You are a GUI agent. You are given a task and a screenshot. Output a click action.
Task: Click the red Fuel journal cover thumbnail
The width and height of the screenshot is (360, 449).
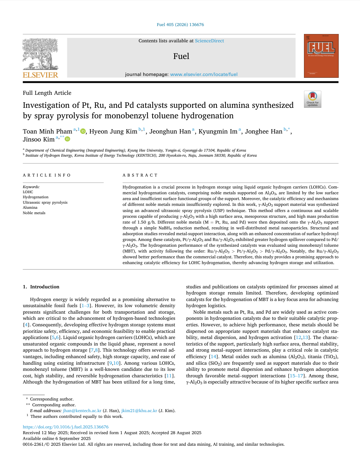pyautogui.click(x=321, y=56)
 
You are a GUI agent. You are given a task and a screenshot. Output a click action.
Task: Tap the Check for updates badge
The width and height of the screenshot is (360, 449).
pyautogui.click(x=312, y=99)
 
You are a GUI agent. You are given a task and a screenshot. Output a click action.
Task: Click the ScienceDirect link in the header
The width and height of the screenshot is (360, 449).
pyautogui.click(x=209, y=41)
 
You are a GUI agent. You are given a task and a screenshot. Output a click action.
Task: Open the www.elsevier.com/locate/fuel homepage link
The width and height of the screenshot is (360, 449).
pyautogui.click(x=204, y=75)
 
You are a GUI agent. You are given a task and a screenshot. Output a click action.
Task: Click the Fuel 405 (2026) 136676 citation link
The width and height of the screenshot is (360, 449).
pyautogui.click(x=180, y=25)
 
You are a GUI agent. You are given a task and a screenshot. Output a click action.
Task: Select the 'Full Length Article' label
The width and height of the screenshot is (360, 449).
pyautogui.click(x=47, y=93)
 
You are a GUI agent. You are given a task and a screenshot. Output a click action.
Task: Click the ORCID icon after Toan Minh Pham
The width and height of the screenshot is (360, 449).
pyautogui.click(x=83, y=131)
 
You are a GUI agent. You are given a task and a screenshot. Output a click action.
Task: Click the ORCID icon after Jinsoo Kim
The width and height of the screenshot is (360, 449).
pyautogui.click(x=67, y=139)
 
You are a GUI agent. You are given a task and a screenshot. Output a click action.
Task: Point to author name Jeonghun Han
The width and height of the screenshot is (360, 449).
pyautogui.click(x=170, y=131)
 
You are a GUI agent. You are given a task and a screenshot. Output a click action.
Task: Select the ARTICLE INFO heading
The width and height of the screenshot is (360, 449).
pyautogui.click(x=47, y=175)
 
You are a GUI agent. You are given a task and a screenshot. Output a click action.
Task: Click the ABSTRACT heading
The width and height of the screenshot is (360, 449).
pyautogui.click(x=140, y=175)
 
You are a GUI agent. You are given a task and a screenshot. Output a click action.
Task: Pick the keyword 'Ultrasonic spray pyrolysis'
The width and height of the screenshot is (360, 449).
pyautogui.click(x=45, y=203)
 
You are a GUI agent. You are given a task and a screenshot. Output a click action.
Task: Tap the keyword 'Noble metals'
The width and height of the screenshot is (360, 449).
pyautogui.click(x=34, y=213)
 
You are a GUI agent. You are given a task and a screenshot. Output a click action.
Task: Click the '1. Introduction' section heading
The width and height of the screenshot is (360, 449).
pyautogui.click(x=41, y=287)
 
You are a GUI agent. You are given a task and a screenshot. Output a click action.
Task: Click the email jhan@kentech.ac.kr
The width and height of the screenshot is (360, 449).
pyautogui.click(x=82, y=411)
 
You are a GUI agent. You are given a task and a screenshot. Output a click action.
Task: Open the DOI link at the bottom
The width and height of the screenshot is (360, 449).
pyautogui.click(x=65, y=427)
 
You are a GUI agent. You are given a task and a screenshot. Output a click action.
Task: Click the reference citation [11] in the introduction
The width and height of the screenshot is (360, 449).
pyautogui.click(x=169, y=376)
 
